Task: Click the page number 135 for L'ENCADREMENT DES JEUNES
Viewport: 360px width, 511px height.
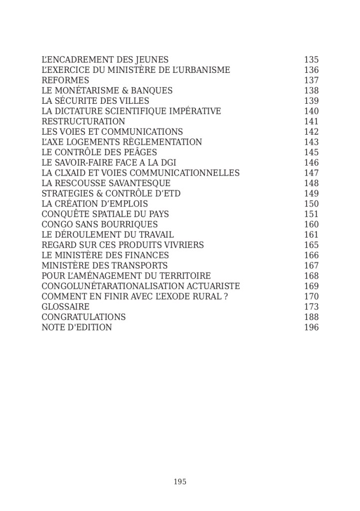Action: point(311,60)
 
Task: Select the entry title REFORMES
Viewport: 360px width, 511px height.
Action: point(65,80)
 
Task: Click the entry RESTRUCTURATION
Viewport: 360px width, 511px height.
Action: point(83,121)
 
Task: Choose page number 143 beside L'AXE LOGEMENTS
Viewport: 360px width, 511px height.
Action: point(311,142)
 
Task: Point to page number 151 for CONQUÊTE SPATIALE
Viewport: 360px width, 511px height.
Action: point(311,214)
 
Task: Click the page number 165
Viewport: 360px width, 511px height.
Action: point(311,245)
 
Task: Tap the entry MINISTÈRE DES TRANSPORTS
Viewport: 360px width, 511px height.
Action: point(105,265)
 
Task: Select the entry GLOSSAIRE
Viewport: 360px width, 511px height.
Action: point(65,307)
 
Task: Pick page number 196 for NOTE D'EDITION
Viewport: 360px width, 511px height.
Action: point(311,327)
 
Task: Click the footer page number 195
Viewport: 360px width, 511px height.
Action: point(180,482)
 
